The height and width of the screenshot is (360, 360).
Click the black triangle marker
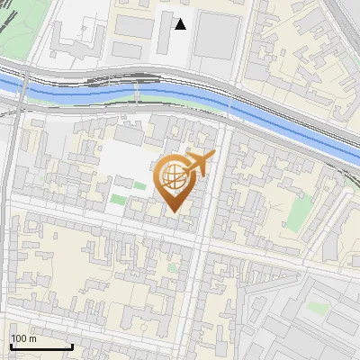[181, 24]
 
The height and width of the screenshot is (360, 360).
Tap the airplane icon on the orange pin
[199, 163]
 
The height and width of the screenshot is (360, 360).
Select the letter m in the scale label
[33, 338]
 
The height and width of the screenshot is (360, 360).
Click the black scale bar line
[41, 346]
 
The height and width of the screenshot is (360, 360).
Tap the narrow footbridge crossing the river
[136, 90]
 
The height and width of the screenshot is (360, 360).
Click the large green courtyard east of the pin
[297, 212]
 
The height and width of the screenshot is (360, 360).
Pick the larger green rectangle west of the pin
[119, 199]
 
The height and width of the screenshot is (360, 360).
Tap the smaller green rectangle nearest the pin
[139, 186]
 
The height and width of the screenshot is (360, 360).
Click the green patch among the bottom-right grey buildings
[316, 308]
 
